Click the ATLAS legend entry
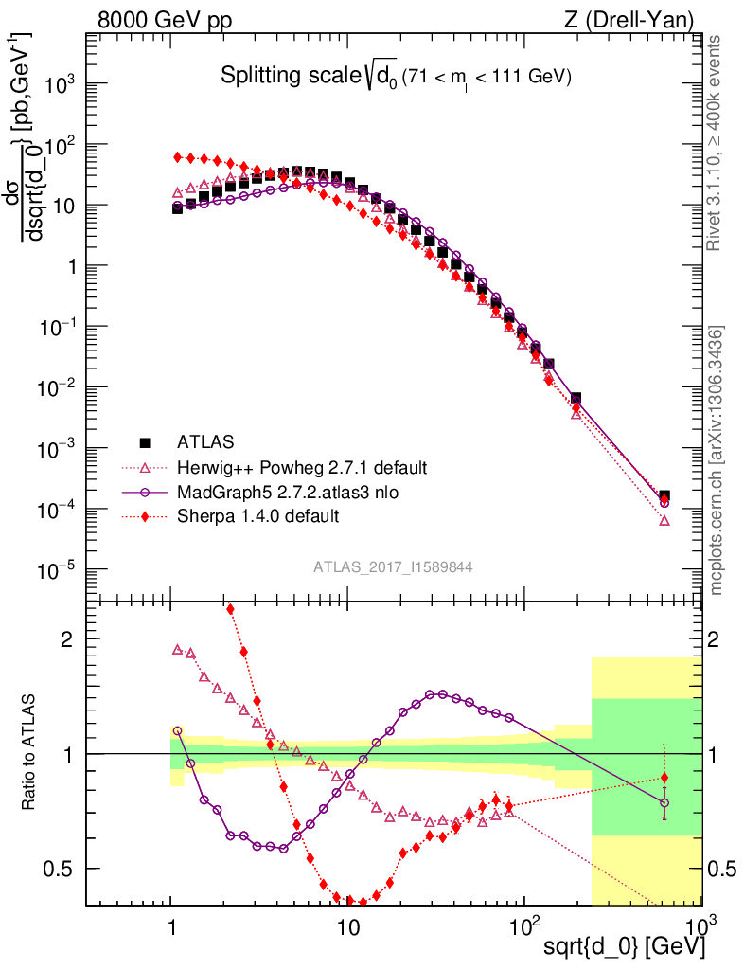(x=204, y=441)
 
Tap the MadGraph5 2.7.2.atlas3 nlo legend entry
(x=295, y=492)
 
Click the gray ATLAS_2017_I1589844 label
(x=393, y=567)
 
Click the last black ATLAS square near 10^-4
(x=664, y=495)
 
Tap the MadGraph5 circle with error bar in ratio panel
(x=664, y=803)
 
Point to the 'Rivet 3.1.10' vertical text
(x=715, y=142)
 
